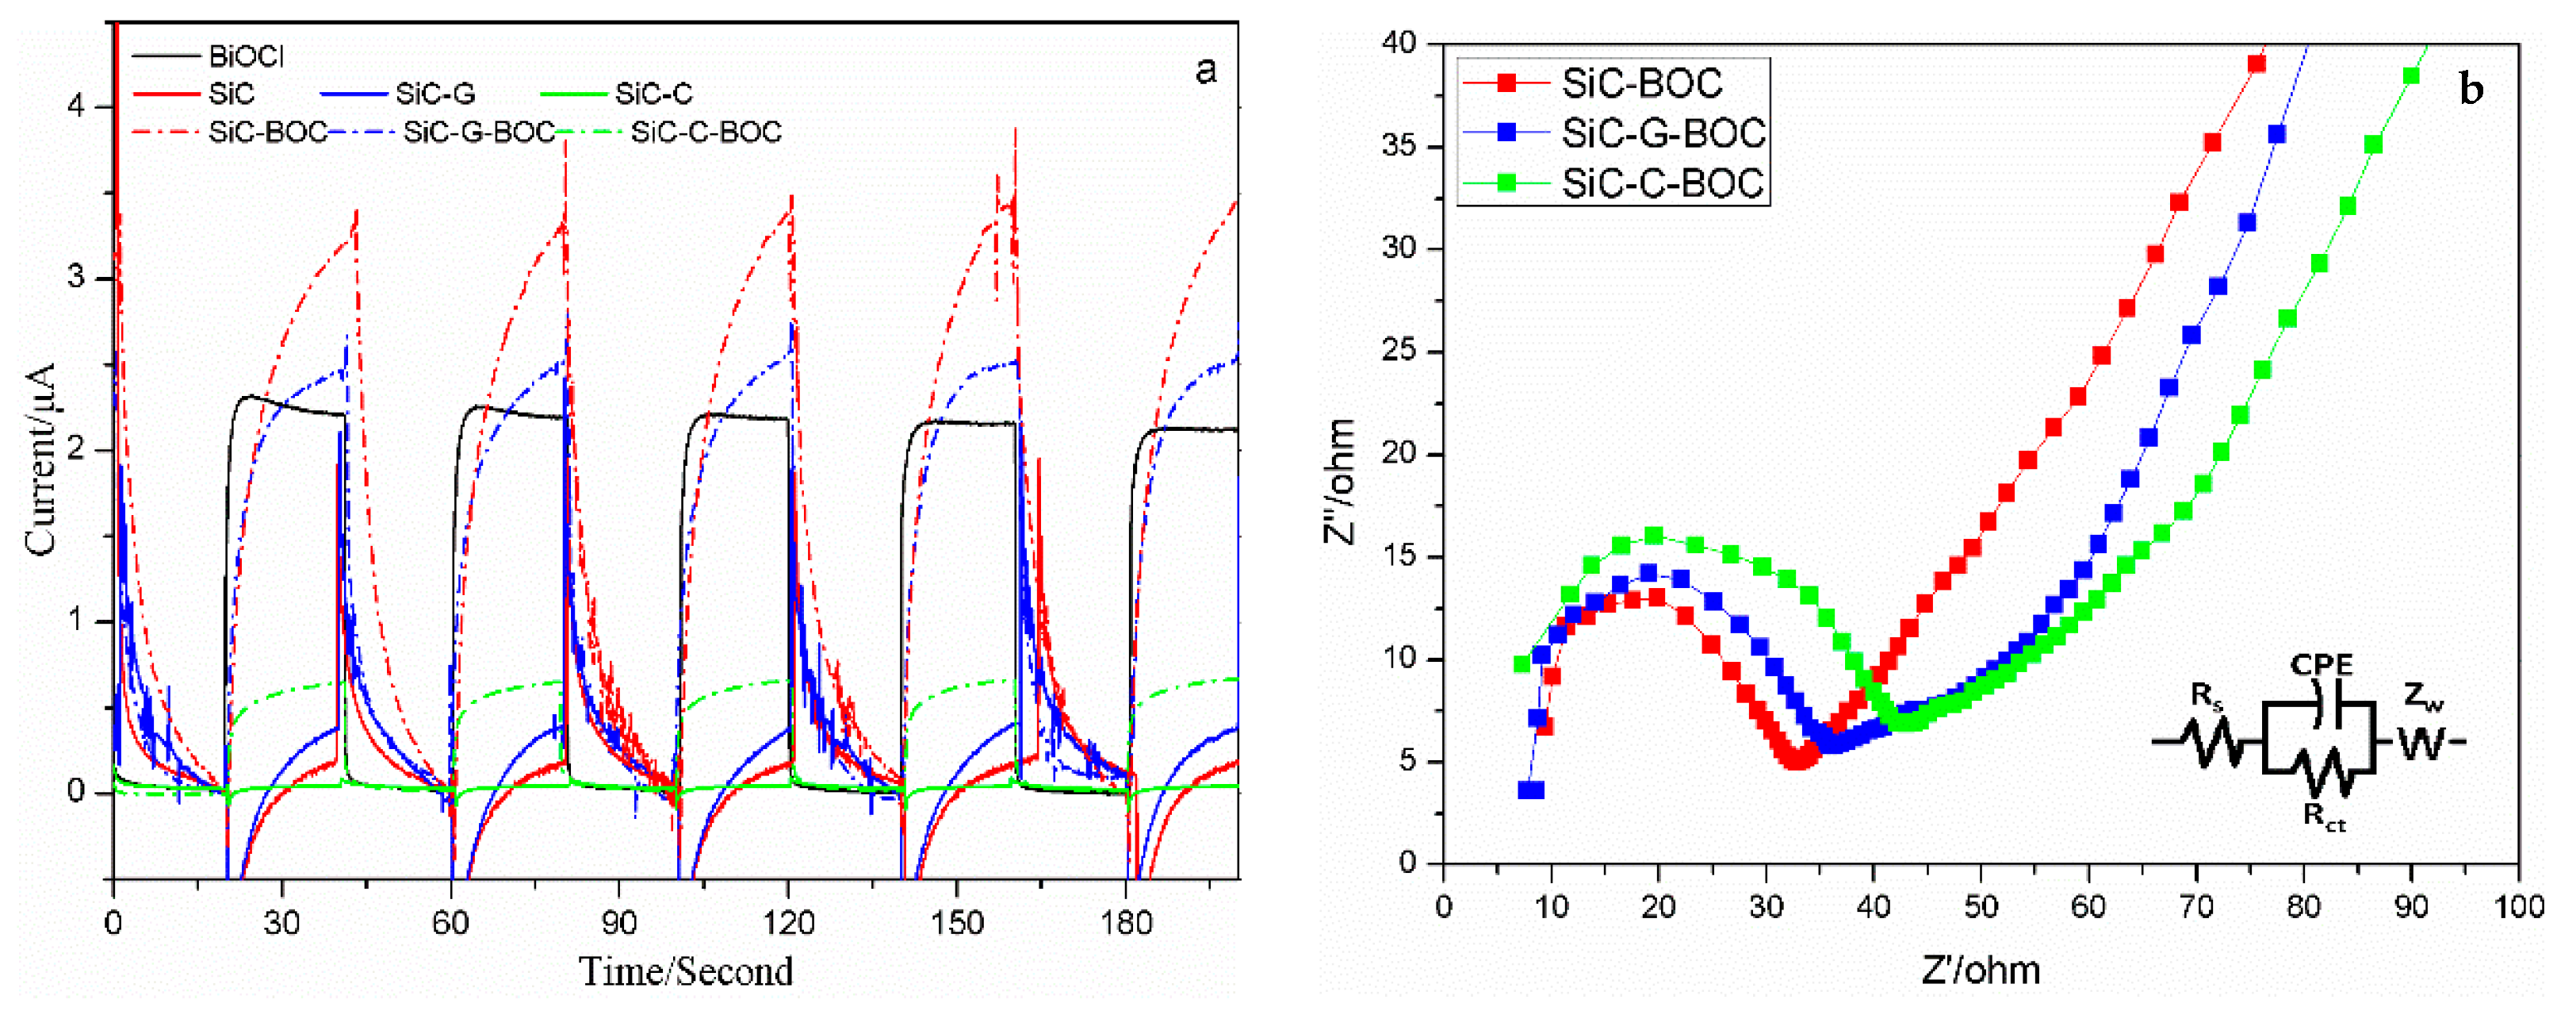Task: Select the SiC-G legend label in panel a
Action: pyautogui.click(x=434, y=94)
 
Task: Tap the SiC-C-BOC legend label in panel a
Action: pyautogui.click(x=706, y=132)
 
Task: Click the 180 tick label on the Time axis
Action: pyautogui.click(x=1126, y=925)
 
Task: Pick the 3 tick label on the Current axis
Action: pyautogui.click(x=76, y=278)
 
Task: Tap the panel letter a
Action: pyautogui.click(x=1205, y=71)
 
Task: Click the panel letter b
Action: pyautogui.click(x=2471, y=90)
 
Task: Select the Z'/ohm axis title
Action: pyautogui.click(x=1981, y=971)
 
